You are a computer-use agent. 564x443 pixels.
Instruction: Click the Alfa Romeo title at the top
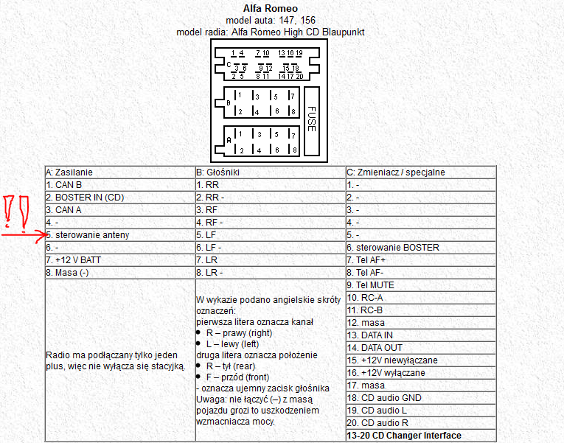[270, 8]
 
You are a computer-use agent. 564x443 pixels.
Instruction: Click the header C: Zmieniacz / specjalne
[395, 172]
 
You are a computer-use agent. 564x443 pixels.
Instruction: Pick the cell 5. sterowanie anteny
[87, 234]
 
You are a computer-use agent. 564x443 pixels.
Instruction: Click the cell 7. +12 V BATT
[73, 259]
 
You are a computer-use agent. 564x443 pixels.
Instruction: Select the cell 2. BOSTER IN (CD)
[85, 197]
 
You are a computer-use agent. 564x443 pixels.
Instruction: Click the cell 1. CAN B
[64, 184]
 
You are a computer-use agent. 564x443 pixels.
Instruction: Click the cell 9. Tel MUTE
[370, 285]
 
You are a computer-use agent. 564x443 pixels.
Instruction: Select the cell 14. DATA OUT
[374, 347]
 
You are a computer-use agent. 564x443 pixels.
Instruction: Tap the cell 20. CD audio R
[378, 422]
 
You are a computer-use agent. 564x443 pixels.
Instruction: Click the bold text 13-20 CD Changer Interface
[403, 435]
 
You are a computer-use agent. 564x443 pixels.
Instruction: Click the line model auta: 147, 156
[270, 20]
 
